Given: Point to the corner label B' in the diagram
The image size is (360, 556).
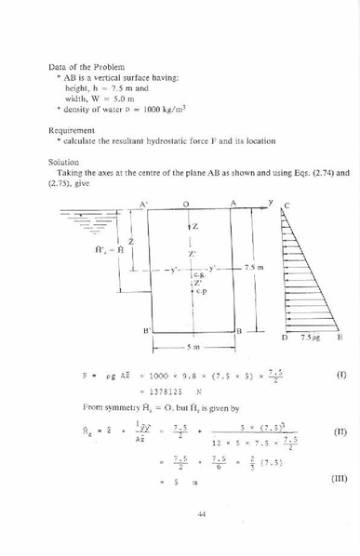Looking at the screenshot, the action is (x=146, y=331).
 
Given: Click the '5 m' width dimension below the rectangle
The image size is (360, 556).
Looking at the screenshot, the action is (x=193, y=347).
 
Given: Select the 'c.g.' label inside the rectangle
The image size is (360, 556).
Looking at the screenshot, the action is (x=197, y=275).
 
